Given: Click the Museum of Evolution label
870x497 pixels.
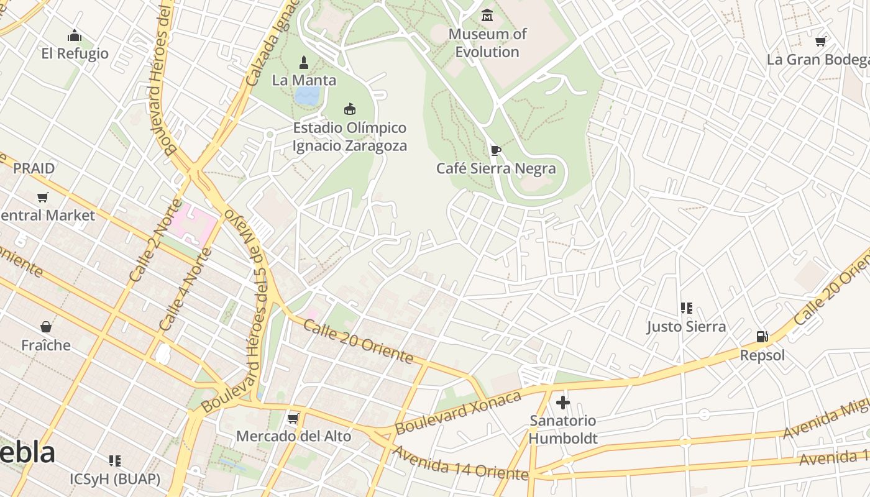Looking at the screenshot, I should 487,43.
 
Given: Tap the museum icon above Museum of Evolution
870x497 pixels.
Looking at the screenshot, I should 487,15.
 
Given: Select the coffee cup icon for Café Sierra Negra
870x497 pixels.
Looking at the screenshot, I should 495,150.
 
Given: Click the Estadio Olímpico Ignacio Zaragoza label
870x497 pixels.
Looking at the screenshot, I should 350,137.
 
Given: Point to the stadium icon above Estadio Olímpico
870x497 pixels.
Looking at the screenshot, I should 350,109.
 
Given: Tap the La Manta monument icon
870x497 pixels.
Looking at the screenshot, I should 304,62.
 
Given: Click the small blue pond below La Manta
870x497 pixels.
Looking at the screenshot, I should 308,95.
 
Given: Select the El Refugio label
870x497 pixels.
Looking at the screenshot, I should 75,53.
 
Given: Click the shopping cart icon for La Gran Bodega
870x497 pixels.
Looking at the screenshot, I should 820,42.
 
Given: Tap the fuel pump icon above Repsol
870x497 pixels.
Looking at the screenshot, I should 762,337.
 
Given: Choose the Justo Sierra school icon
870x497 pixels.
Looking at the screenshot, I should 686,308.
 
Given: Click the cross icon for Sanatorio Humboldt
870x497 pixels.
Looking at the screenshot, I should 563,403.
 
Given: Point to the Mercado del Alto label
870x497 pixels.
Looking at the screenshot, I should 293,436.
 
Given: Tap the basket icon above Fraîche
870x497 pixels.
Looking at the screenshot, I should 46,327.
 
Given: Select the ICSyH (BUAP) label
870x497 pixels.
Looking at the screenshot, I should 114,479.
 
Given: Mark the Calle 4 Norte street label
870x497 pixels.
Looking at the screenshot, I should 185,290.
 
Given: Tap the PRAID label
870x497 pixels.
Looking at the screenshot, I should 34,168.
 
